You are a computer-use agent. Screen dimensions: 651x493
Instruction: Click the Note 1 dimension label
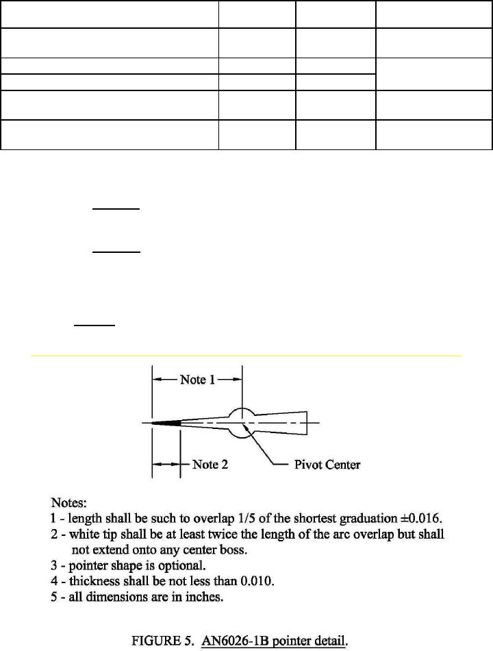197,379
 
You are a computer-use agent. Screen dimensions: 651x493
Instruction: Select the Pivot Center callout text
327,465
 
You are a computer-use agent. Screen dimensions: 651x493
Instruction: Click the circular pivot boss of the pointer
240,423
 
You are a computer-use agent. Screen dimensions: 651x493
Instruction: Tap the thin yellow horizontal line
246,356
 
